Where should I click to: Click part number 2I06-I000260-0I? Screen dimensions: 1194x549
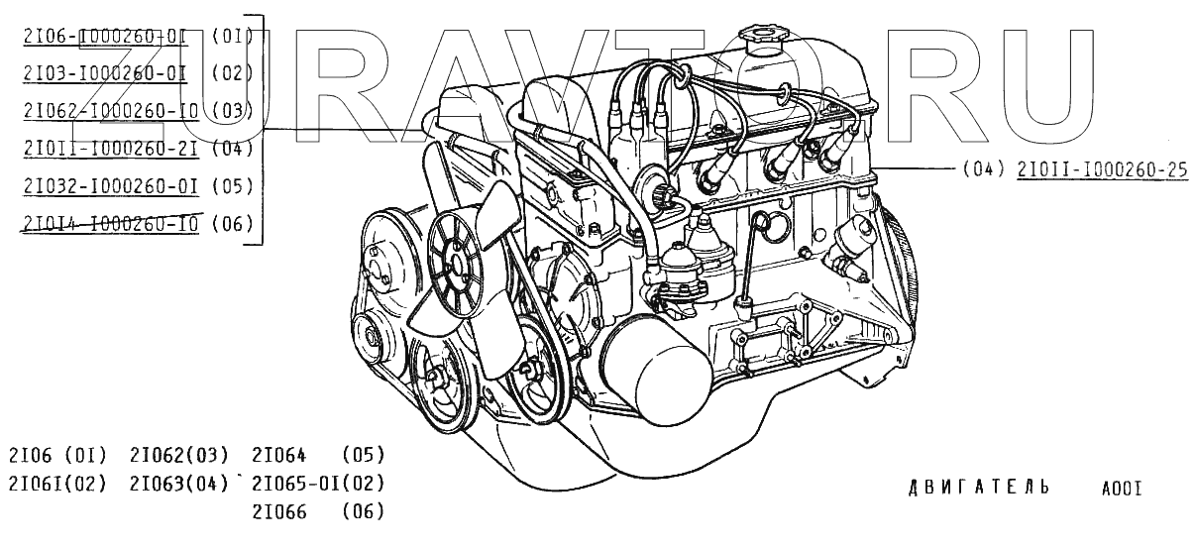(103, 37)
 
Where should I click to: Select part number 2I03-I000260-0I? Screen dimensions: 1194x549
(103, 73)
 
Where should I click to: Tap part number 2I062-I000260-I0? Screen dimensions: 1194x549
(108, 110)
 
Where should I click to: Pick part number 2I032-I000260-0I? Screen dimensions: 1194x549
(108, 185)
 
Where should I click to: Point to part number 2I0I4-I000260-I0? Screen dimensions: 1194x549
(108, 224)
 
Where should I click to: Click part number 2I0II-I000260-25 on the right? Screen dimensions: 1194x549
(1101, 168)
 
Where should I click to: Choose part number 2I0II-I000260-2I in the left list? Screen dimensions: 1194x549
(108, 148)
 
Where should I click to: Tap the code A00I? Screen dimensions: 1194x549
(1122, 489)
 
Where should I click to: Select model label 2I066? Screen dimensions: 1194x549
(278, 511)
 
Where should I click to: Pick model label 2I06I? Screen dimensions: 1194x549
(34, 484)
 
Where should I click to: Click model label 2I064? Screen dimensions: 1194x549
(278, 456)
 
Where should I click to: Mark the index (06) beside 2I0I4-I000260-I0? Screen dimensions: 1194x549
(233, 224)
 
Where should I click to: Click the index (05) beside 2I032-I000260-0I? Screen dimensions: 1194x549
(233, 185)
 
